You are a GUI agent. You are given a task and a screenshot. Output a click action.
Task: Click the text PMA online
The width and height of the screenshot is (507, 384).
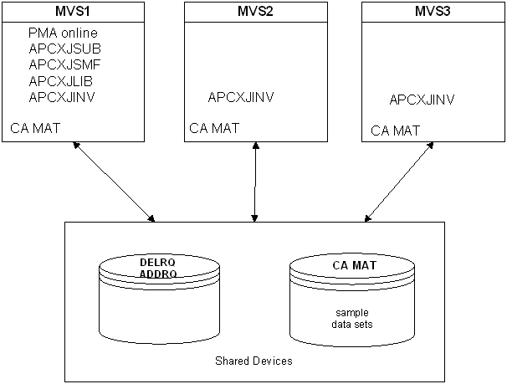pos(64,33)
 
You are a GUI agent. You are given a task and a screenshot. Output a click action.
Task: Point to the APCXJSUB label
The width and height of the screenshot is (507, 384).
pos(64,49)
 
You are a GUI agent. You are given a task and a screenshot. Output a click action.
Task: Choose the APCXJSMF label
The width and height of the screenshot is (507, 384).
pos(64,64)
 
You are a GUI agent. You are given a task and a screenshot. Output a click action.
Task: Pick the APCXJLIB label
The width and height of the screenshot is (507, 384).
pos(61,80)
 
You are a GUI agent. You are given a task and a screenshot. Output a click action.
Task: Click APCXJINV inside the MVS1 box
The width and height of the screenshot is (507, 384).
pos(62,97)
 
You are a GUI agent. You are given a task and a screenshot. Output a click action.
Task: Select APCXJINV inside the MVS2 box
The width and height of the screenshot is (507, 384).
pos(241,98)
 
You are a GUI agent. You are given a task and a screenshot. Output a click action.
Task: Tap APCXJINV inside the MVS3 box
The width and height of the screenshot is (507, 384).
pos(422,100)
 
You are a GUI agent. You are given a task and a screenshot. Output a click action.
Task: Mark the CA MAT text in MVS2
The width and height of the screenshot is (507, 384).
pos(214,128)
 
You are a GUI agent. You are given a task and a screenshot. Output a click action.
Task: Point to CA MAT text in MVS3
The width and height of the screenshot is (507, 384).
pos(395,131)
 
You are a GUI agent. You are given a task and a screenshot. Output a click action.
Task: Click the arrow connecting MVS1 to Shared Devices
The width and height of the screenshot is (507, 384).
pos(114,182)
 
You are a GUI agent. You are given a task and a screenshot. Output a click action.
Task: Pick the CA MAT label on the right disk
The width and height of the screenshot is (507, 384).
pos(352,266)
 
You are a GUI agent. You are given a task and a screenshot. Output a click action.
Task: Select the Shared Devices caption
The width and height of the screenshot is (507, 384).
pos(253,361)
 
